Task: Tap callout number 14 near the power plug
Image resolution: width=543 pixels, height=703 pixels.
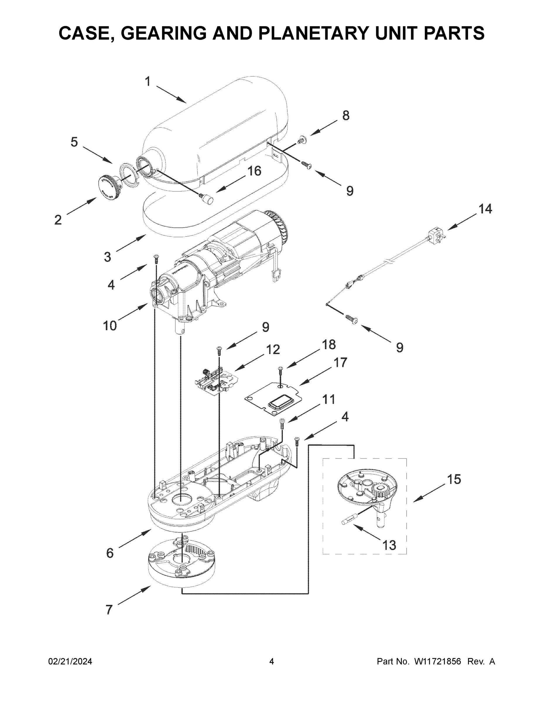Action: coord(485,209)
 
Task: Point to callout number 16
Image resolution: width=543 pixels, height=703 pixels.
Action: coord(254,171)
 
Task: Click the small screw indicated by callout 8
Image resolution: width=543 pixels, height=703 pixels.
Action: coord(302,140)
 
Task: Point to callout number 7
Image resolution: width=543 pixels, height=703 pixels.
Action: coord(109,610)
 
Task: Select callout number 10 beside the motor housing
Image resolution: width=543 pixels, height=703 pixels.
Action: coord(110,326)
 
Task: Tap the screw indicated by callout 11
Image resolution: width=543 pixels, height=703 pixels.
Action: coord(282,424)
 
